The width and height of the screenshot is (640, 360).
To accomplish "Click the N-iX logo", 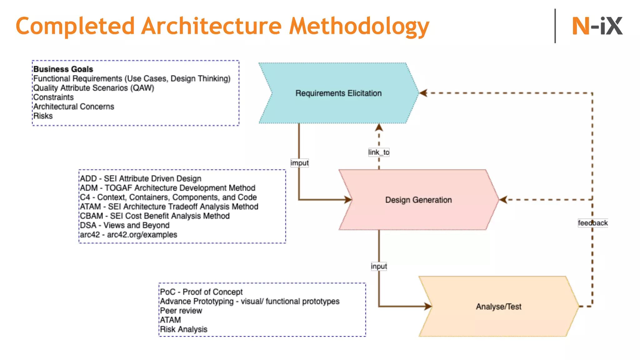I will [x=597, y=26].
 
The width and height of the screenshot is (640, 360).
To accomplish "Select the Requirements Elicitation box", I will [x=338, y=93].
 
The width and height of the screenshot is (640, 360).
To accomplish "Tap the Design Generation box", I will [x=418, y=200].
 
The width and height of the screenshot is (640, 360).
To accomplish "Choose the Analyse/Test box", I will [x=498, y=307].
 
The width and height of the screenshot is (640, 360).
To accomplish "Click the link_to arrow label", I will [x=379, y=152].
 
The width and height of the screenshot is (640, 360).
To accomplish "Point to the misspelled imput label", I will [x=299, y=163].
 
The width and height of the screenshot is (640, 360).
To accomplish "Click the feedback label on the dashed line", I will [x=592, y=223].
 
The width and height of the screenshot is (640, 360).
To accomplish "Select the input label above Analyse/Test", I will [x=379, y=266].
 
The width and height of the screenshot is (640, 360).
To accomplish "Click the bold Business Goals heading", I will [x=63, y=69].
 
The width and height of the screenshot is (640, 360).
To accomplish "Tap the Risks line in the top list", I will [x=43, y=116].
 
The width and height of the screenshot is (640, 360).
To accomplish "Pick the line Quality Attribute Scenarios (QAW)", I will [x=94, y=88].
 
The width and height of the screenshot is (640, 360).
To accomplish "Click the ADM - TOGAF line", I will [x=167, y=188].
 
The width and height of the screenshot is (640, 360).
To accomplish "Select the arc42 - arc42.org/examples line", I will [x=128, y=235].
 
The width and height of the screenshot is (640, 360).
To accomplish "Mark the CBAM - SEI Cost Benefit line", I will [x=155, y=216].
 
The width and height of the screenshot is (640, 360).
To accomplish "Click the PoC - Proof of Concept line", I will [x=201, y=292].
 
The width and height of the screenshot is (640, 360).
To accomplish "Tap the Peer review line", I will [x=181, y=311].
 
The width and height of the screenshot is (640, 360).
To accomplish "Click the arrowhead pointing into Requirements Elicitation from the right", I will [x=423, y=93].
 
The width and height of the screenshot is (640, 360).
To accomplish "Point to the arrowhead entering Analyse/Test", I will [x=428, y=306].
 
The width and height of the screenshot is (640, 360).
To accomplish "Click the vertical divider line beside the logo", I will [x=555, y=26].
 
